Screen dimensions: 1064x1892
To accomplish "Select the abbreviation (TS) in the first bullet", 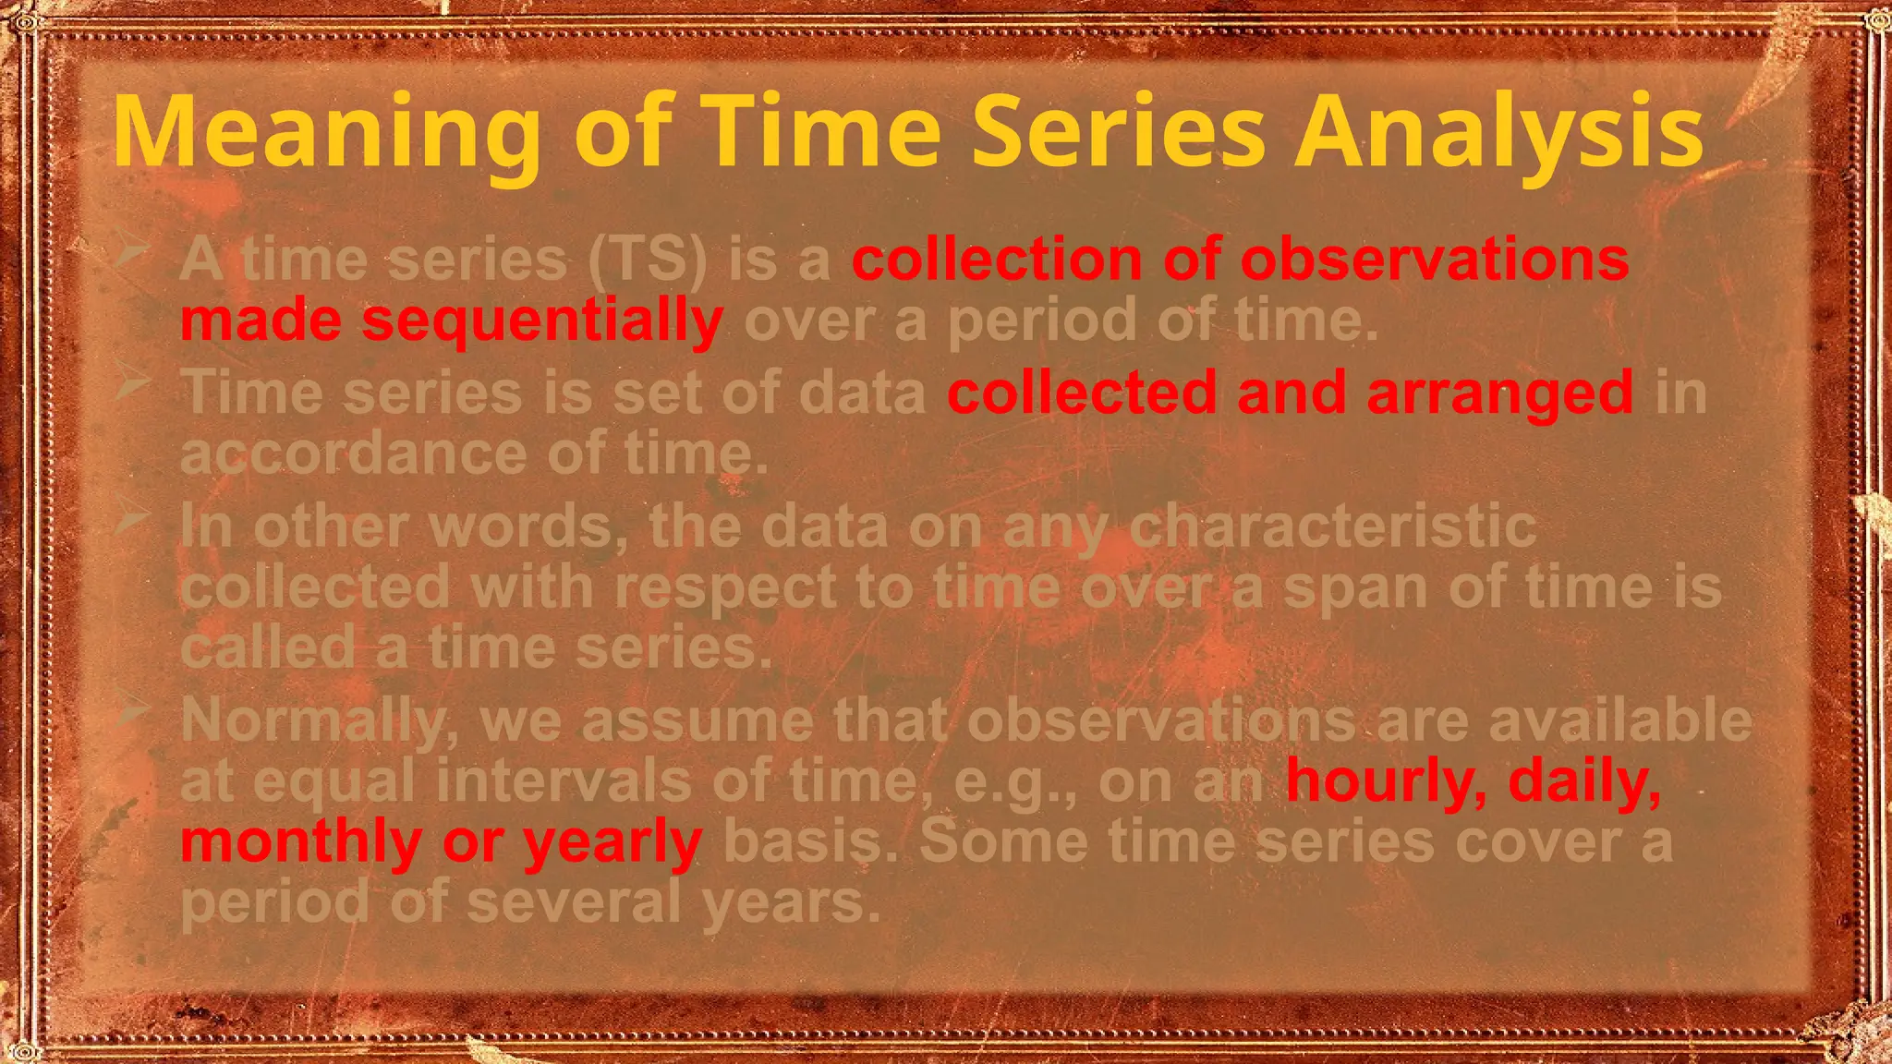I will pyautogui.click(x=648, y=260).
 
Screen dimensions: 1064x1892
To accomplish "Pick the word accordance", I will pyautogui.click(x=352, y=454).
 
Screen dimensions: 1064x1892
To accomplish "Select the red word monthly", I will pyautogui.click(x=301, y=842).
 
